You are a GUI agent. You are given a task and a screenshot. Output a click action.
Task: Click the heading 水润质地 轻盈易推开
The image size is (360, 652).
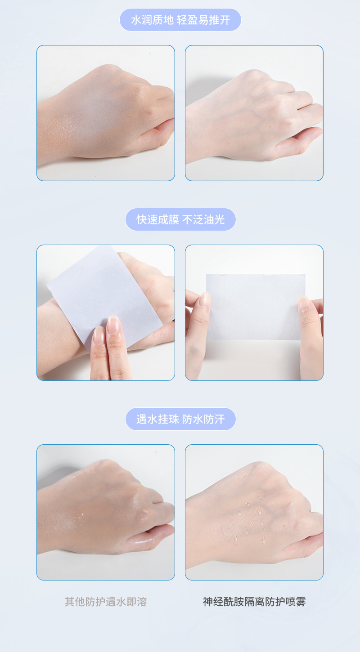click(180, 20)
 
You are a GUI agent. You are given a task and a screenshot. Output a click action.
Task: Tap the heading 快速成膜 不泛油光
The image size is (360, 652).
click(180, 220)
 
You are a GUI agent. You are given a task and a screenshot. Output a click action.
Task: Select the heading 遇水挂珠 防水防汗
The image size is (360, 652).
click(180, 420)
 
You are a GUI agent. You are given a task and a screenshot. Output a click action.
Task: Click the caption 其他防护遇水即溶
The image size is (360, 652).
click(106, 602)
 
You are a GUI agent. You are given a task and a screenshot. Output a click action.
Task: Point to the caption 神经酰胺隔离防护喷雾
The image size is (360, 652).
click(254, 602)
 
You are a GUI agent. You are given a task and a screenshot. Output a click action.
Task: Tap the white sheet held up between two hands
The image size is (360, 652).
click(256, 307)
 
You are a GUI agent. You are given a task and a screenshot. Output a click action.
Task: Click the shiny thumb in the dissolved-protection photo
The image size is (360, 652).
click(152, 536)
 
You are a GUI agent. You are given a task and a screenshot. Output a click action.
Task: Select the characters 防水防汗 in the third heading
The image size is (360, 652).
click(203, 420)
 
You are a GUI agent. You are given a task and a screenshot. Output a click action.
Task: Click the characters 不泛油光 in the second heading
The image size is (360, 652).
click(203, 220)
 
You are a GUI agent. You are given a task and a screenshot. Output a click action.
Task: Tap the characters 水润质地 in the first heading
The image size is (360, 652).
click(152, 20)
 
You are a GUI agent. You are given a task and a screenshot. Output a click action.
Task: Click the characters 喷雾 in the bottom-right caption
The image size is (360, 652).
click(296, 602)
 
